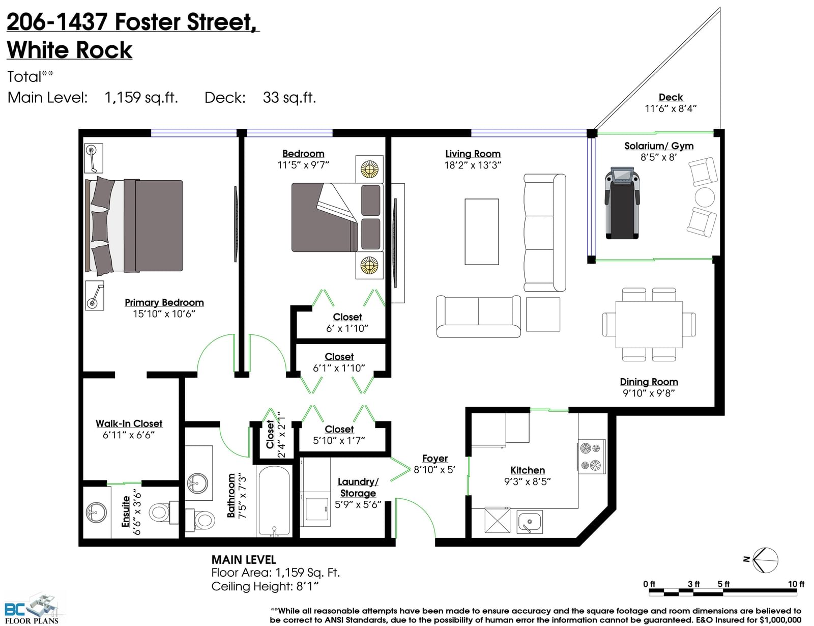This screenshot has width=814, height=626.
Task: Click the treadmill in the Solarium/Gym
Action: pyautogui.click(x=622, y=203)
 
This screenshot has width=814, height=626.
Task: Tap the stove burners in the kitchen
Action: pyautogui.click(x=591, y=457)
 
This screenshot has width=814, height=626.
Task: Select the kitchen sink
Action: pyautogui.click(x=529, y=522)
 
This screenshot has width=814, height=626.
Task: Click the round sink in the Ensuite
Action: pyautogui.click(x=96, y=513)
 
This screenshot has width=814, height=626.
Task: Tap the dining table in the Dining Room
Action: pyautogui.click(x=649, y=324)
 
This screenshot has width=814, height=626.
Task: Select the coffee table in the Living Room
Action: pyautogui.click(x=482, y=232)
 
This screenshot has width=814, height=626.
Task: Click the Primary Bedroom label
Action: pyautogui.click(x=164, y=302)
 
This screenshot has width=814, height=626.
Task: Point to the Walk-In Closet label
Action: pyautogui.click(x=129, y=423)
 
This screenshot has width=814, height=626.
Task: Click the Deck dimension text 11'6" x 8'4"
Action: pyautogui.click(x=671, y=108)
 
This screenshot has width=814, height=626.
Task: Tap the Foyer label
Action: pyautogui.click(x=435, y=458)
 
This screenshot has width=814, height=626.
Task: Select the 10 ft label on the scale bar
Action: pyautogui.click(x=796, y=584)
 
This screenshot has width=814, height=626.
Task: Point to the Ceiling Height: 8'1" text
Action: pyautogui.click(x=265, y=586)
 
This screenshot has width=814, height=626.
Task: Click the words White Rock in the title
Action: pyautogui.click(x=70, y=50)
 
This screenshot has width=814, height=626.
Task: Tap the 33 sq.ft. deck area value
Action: pyautogui.click(x=289, y=97)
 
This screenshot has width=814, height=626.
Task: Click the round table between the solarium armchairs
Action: pyautogui.click(x=705, y=197)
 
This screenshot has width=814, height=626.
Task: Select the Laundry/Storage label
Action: pyautogui.click(x=358, y=488)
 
